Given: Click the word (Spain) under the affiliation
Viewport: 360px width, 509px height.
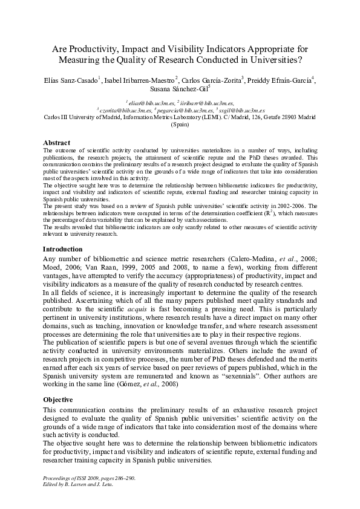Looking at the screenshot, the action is (180, 125).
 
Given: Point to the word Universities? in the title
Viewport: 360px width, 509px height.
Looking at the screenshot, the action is (274, 60).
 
